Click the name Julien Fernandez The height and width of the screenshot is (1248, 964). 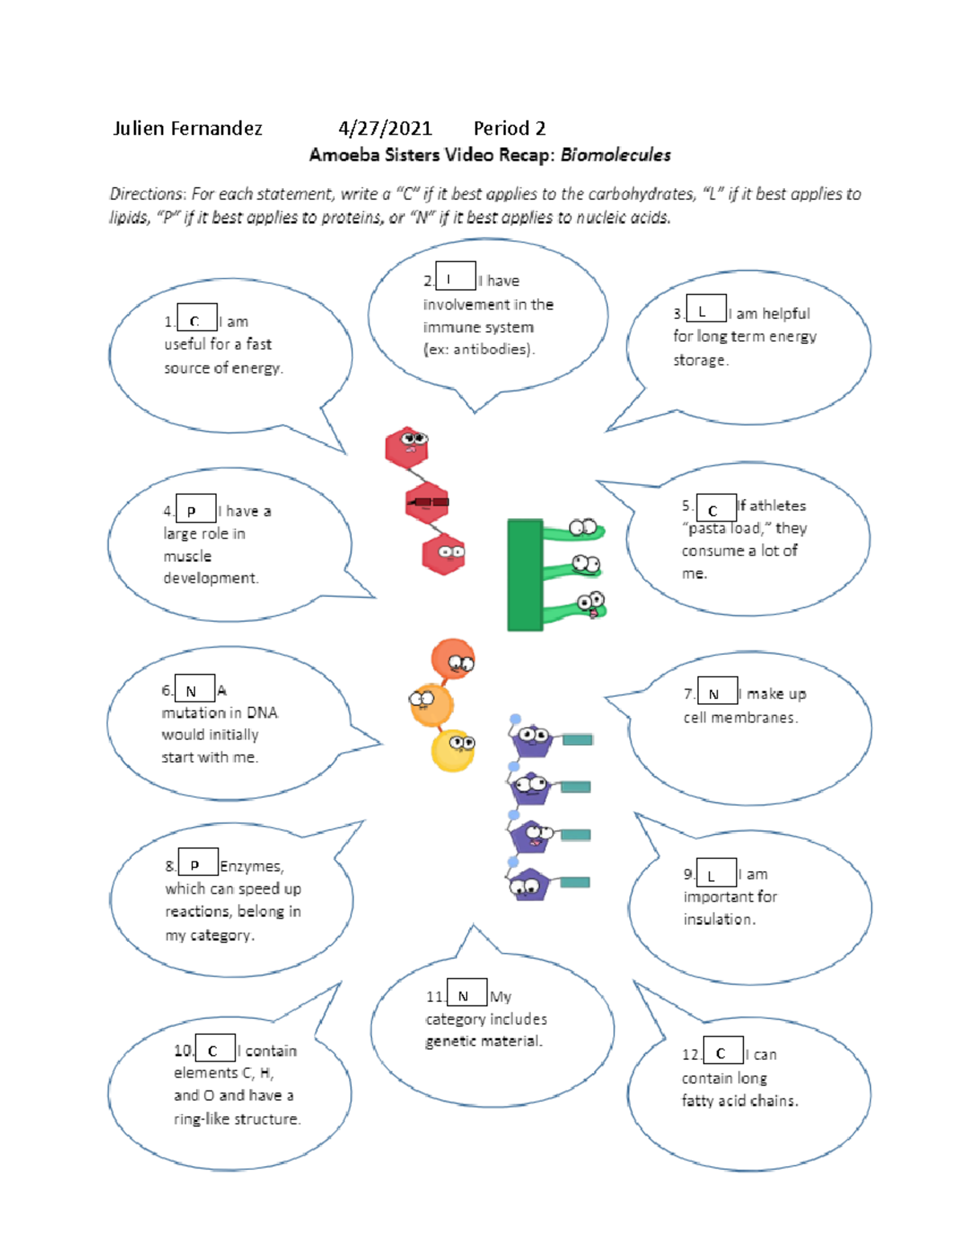[187, 129]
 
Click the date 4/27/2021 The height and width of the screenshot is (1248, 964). [385, 129]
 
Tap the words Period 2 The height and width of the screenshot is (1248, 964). [509, 129]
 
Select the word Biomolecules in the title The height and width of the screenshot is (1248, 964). [615, 155]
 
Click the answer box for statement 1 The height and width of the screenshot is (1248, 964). [197, 318]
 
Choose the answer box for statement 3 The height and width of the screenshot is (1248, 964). [706, 309]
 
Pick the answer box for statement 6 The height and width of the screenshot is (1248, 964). [194, 689]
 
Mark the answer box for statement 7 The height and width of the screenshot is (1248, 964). [717, 692]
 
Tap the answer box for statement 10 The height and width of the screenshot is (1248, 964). [215, 1048]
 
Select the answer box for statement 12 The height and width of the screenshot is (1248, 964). [722, 1050]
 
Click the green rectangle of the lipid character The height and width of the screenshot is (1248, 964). [525, 575]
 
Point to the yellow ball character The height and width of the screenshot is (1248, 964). [453, 750]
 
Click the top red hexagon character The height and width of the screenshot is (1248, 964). [406, 447]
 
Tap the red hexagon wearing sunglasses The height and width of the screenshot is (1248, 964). [427, 503]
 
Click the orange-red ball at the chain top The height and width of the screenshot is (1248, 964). [452, 659]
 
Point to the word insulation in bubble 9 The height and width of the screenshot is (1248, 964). [718, 919]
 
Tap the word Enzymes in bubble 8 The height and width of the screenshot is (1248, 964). [251, 866]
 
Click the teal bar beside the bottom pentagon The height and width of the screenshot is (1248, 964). [574, 882]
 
